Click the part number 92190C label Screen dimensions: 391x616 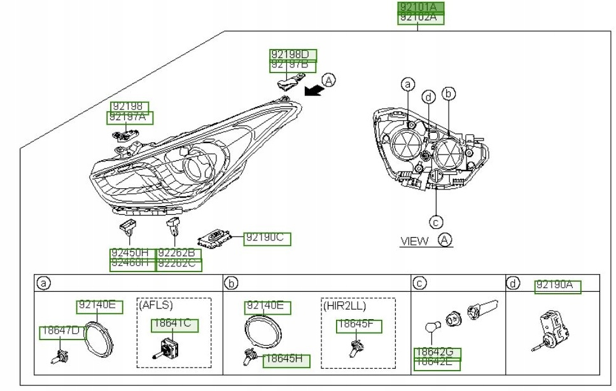coord(267,239)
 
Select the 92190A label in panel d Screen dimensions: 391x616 coord(558,286)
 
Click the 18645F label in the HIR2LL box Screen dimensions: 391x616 coord(359,326)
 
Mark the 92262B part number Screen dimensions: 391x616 coord(179,253)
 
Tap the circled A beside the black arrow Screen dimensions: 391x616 coord(328,80)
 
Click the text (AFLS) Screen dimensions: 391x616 coord(155,305)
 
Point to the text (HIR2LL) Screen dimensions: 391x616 coord(345,305)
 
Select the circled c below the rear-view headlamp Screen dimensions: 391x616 coord(435,222)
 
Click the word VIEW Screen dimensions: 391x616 coord(414,241)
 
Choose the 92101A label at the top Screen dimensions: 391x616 coord(420,7)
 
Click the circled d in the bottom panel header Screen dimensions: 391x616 coord(512,284)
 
